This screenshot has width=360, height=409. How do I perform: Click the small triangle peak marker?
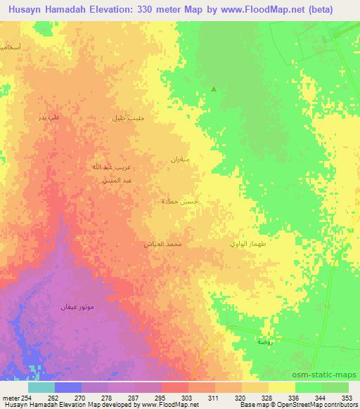coord(214,89)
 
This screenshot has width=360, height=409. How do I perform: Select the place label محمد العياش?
coord(164,243)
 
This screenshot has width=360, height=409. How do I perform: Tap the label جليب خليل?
coord(129,118)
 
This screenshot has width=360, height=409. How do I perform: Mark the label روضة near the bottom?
coord(264,341)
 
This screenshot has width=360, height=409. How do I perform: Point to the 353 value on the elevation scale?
coord(347,397)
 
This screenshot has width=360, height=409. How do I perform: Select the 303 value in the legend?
coord(188,397)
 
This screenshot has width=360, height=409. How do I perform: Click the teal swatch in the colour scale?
coord(41,387)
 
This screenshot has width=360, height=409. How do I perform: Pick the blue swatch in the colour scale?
coord(68,387)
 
